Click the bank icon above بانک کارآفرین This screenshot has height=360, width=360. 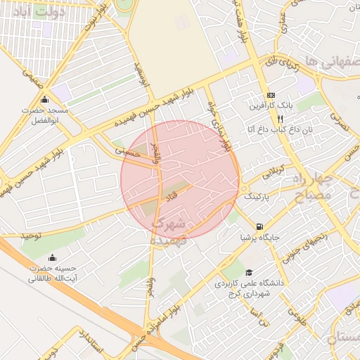[271, 96]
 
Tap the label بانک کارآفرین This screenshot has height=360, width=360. [271, 107]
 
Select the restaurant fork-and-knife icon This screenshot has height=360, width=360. [261, 119]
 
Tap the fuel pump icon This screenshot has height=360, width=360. [260, 226]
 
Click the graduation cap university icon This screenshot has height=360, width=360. [247, 273]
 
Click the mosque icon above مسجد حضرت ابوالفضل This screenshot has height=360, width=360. [46, 99]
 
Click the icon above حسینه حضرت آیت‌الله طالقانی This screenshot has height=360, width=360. [53, 257]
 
